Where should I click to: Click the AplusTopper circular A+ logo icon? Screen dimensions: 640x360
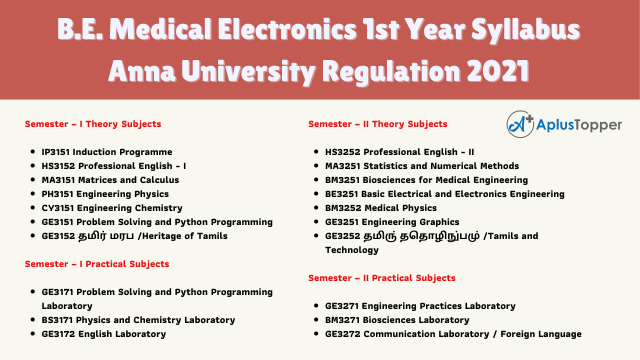click(x=520, y=124)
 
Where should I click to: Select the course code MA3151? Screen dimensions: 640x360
click(x=58, y=179)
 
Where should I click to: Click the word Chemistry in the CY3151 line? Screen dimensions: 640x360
click(x=158, y=208)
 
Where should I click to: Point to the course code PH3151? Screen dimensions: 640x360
click(x=57, y=193)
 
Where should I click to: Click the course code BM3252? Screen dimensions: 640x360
click(x=343, y=207)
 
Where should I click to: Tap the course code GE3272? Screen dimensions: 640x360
click(x=342, y=333)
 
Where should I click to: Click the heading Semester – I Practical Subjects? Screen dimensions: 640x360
click(x=97, y=264)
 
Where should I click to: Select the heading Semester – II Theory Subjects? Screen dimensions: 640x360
click(x=377, y=124)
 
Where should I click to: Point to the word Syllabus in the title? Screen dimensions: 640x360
click(x=525, y=30)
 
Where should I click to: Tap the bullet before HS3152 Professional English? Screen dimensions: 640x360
click(x=32, y=165)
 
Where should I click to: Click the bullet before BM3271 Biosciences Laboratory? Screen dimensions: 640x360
click(x=316, y=319)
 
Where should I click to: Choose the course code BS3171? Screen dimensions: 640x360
click(x=57, y=319)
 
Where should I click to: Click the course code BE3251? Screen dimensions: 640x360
click(x=341, y=193)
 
